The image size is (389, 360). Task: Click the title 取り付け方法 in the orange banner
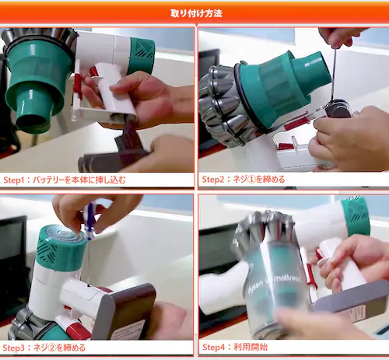195,13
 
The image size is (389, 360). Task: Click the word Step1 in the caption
17,180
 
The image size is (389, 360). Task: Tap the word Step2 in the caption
216,180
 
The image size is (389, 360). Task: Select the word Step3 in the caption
17,348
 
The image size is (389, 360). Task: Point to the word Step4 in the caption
216,348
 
